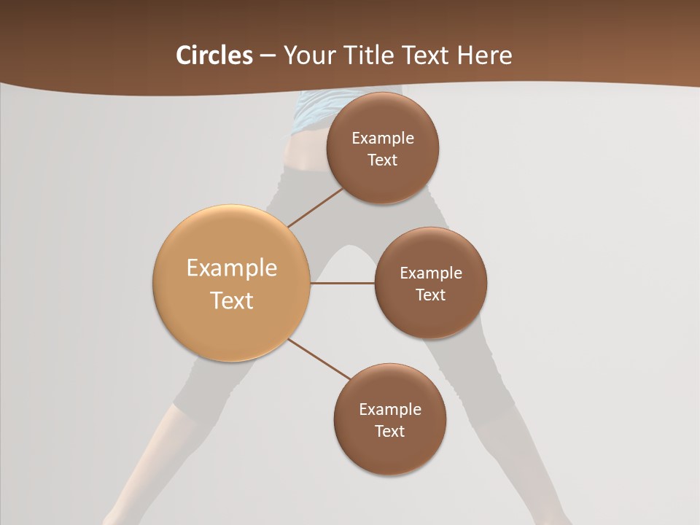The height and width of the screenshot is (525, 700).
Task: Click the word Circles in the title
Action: point(214,55)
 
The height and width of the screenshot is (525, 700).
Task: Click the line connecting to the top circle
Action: point(315,207)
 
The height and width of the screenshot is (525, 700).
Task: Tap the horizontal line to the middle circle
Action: point(342,283)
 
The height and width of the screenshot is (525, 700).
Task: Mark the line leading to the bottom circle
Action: point(319,359)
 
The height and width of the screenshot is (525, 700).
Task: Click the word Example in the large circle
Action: point(232,268)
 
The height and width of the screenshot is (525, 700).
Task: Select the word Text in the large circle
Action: point(232,300)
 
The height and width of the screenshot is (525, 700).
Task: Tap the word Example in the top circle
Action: point(383,139)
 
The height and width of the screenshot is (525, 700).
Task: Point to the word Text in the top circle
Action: point(383,160)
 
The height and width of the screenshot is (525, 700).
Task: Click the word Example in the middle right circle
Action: point(431,273)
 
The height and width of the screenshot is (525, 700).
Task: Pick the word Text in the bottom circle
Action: point(389,431)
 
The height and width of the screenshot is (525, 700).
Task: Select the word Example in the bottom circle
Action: point(390,409)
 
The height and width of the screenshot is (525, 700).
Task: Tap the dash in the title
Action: point(268,56)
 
